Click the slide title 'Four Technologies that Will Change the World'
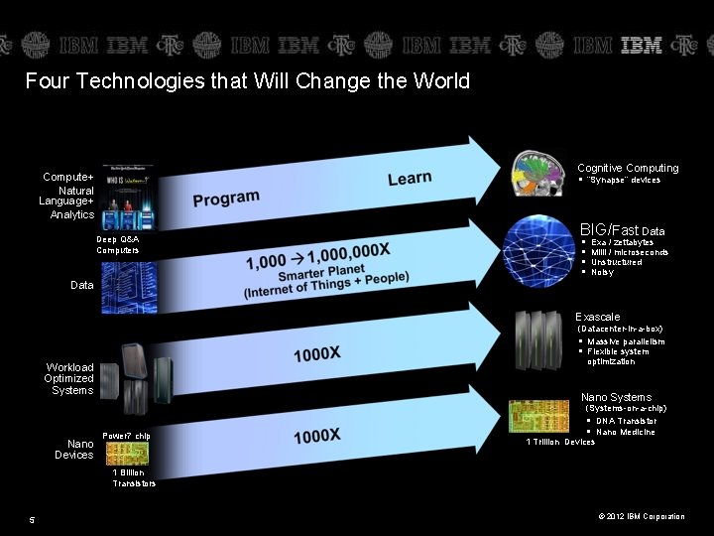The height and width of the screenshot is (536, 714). pos(247,81)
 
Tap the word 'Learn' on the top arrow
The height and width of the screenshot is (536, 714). pos(410,179)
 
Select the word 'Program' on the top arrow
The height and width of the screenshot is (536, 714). pos(226,199)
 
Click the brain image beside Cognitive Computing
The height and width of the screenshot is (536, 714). pos(536,175)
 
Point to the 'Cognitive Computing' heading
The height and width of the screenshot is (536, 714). pos(628,168)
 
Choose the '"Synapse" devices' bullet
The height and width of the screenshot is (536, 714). pos(624,180)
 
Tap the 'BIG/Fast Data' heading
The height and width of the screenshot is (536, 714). pos(622,230)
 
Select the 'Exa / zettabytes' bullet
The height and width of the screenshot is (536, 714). pos(622,242)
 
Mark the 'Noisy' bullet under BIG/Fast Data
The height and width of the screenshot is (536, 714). pos(602,272)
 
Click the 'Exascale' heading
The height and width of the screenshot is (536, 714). pos(598,317)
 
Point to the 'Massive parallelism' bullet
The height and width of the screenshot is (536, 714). pos(626,341)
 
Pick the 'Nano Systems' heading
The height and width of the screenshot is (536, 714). pos(616,397)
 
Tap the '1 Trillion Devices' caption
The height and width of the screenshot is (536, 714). pos(560,442)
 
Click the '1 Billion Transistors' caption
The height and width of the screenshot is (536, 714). pos(134,478)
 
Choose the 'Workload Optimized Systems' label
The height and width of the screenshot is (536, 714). pos(69,378)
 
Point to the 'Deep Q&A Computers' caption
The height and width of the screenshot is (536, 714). pos(118,244)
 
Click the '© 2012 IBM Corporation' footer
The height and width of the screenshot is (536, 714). pos(641,516)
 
